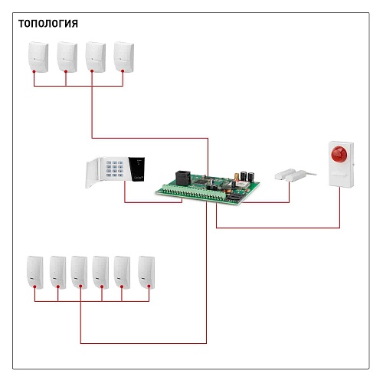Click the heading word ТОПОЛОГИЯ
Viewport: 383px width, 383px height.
(x=48, y=24)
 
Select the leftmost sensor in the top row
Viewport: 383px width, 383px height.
(x=38, y=57)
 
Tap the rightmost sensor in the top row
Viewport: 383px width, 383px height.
(x=124, y=57)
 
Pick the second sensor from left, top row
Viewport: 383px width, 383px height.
(x=67, y=57)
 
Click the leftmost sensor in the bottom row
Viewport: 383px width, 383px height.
(x=35, y=272)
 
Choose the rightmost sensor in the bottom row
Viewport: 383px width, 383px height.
(x=146, y=272)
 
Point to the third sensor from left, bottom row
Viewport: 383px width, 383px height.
(x=79, y=272)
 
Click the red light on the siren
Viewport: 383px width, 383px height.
(x=339, y=154)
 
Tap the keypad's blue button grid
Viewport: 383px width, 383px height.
(x=115, y=169)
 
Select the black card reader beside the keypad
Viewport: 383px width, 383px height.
(x=136, y=169)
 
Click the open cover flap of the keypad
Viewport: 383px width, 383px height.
(x=92, y=173)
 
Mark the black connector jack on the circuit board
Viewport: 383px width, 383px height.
(x=183, y=178)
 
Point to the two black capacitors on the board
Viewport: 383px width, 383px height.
(x=247, y=177)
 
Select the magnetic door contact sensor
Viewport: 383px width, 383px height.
(x=295, y=175)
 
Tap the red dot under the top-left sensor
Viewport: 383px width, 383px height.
(x=34, y=72)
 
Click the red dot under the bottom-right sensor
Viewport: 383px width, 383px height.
(x=149, y=287)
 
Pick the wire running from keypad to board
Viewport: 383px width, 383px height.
(x=153, y=202)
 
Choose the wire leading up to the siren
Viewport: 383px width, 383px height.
(x=278, y=228)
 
